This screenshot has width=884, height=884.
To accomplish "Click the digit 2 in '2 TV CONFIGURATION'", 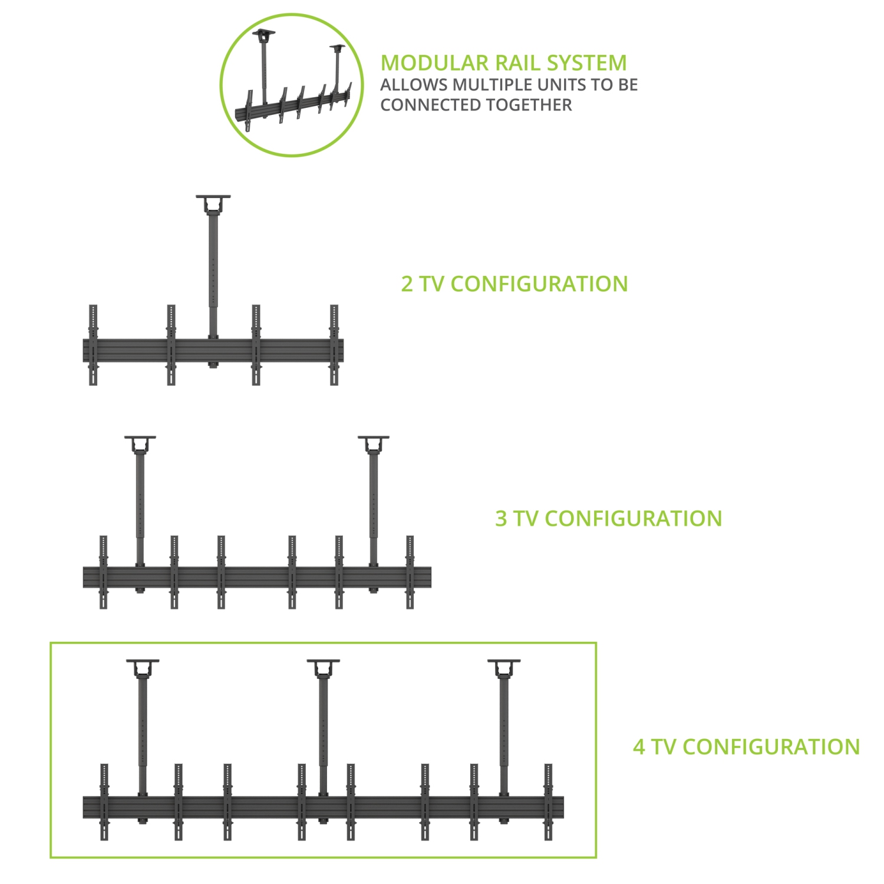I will coord(407,284).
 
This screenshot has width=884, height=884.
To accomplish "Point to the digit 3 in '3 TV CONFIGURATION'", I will coord(501,519).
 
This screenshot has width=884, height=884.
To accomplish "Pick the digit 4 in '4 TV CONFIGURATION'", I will coord(639,747).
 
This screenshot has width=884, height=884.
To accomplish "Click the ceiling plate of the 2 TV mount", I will coord(213,198).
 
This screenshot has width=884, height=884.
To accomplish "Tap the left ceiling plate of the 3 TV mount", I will coord(140,438).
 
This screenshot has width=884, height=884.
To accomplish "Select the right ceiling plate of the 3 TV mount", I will coord(374,438).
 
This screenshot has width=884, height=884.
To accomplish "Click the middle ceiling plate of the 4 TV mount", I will coord(323,662).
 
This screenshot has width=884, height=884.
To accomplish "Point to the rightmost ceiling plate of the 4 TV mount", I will coord(504,662).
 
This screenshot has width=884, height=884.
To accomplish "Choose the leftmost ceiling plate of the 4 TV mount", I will coord(143,662).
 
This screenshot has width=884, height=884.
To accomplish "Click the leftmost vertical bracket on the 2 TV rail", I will coord(93,345).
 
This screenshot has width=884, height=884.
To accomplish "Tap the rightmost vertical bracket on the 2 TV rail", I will coord(334,345).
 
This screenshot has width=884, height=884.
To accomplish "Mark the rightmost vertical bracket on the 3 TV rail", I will coord(410,572).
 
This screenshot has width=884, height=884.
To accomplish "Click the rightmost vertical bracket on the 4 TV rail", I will coord(548,801).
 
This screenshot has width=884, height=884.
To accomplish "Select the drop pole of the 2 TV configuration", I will coord(213,271).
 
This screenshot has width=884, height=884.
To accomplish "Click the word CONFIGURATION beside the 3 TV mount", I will coord(634,519).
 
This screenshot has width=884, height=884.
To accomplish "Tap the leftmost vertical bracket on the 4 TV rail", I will coord(104,801).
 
